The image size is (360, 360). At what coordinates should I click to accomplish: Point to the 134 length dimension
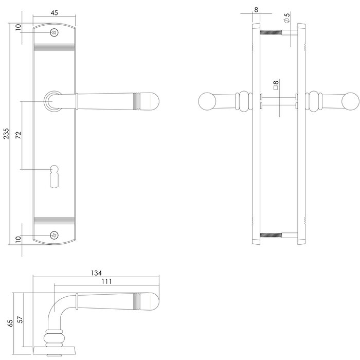point(96,273)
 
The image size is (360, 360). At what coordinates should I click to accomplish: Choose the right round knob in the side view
point(351,101)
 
